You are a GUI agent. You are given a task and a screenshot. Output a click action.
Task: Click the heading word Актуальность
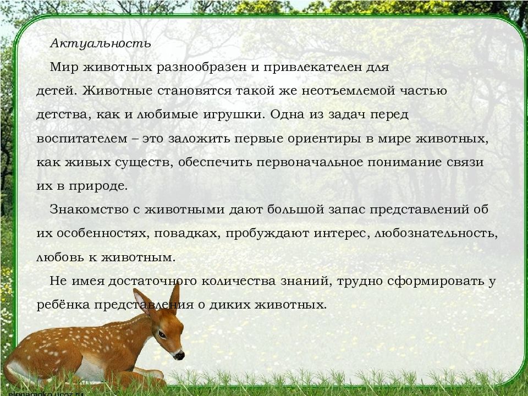100,43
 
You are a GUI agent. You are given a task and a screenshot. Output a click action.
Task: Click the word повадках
187,233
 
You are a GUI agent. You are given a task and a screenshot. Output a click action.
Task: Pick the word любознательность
435,233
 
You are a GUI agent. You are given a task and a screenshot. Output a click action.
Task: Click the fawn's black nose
179,356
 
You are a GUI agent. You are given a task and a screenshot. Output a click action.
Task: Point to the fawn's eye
162,334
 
